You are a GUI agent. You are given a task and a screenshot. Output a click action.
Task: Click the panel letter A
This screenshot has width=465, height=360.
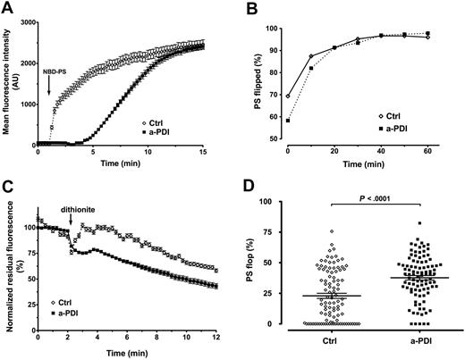[x=7, y=8]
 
